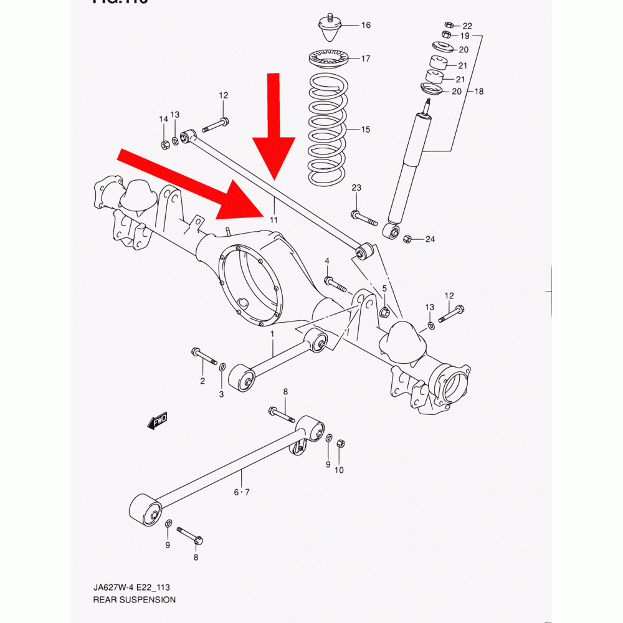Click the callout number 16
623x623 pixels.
[366, 26]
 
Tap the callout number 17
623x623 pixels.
[366, 59]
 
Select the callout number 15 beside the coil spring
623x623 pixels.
[366, 130]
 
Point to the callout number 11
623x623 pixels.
[273, 220]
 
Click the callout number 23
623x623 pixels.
[356, 188]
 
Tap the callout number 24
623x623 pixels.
[429, 239]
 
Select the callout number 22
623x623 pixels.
[467, 26]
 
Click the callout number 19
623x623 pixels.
[465, 36]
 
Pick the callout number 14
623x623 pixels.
[163, 119]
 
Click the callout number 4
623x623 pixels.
[326, 260]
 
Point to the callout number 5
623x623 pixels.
[384, 288]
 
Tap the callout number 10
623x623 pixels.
[339, 470]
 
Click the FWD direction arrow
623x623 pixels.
[158, 421]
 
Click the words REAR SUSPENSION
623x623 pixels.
[134, 600]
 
